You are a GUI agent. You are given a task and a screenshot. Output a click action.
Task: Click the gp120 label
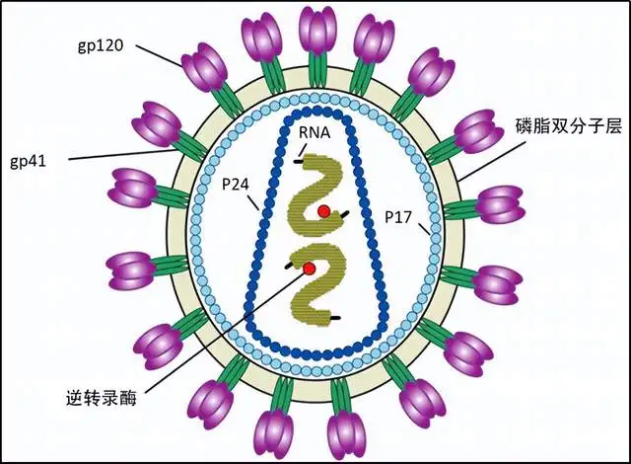101,46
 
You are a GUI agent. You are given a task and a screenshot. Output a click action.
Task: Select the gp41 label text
29,161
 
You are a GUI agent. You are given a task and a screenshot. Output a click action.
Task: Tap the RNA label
315,132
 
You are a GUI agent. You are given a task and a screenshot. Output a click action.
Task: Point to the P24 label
236,185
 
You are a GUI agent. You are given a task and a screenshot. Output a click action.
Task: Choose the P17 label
398,217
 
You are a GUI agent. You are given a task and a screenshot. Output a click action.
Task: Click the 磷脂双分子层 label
569,126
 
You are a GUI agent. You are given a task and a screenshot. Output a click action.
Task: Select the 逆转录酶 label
101,397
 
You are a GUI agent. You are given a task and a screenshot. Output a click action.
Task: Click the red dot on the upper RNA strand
324,211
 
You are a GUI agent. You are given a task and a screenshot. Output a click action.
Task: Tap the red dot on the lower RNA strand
309,269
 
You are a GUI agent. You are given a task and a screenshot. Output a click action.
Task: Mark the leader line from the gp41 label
123,154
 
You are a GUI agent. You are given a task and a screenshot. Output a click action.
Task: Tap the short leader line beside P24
253,203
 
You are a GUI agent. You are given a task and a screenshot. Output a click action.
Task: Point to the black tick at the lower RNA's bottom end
335,318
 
